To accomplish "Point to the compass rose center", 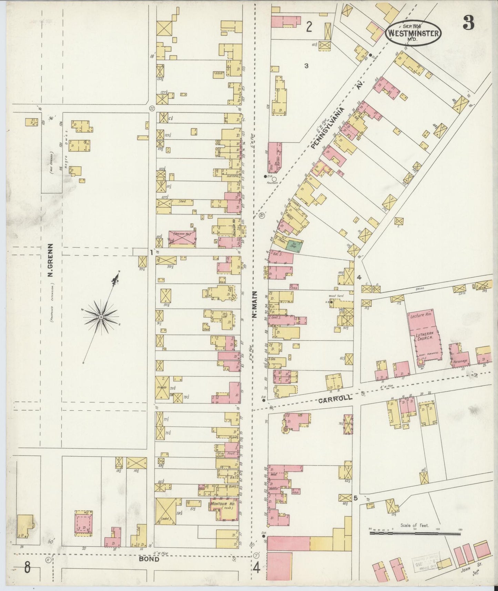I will pyautogui.click(x=101, y=316).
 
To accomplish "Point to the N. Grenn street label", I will pyautogui.click(x=50, y=260).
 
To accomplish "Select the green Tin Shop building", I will pyautogui.click(x=294, y=245).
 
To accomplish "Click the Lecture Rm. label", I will pyautogui.click(x=420, y=316).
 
